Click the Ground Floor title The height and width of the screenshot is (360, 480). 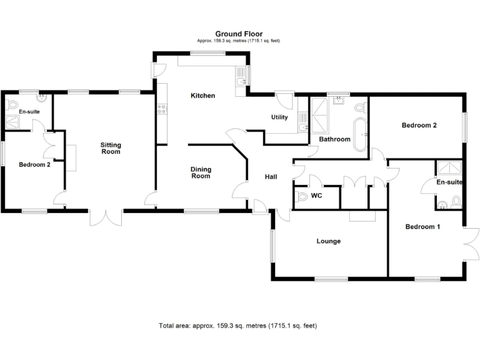click(239, 34)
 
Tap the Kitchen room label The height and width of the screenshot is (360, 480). click(202, 96)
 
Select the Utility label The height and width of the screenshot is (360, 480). click(279, 117)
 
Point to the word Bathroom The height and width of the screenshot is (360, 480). click(334, 139)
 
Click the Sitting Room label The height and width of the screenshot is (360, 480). click(111, 148)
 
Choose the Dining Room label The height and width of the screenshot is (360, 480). click(201, 172)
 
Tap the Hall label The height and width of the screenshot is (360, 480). click(271, 177)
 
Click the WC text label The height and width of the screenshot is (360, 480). click(316, 196)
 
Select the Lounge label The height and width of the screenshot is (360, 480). click(328, 241)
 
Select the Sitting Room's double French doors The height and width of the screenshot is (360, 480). click(105, 217)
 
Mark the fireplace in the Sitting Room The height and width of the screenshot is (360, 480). click(71, 157)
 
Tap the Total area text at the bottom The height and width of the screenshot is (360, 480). click(239, 326)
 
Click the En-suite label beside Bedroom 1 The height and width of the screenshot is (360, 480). click(449, 182)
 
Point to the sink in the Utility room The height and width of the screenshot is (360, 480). click(302, 128)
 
